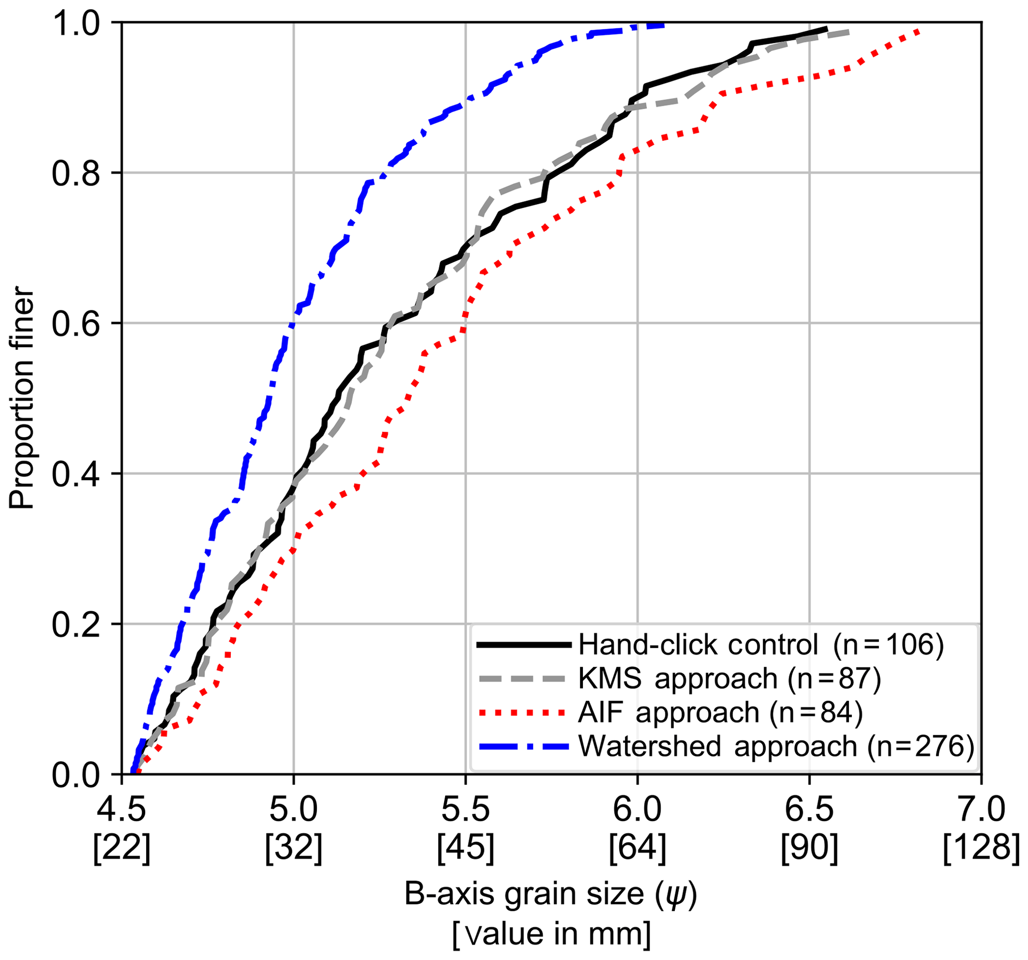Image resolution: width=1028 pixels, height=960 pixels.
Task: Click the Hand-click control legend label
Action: pos(760,645)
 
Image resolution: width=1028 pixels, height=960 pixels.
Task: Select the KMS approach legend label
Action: pos(729,678)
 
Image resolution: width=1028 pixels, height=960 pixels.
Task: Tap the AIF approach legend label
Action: pos(720,712)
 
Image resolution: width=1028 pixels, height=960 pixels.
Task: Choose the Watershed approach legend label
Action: pos(776,747)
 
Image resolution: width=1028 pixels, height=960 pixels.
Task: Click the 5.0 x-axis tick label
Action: pos(293,810)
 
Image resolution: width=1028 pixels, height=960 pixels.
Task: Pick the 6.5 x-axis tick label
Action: pos(809,810)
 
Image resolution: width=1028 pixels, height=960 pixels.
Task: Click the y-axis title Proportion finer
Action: pos(22,398)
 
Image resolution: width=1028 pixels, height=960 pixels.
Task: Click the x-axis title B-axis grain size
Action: pos(551,894)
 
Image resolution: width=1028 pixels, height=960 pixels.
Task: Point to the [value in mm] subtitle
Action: pos(551,934)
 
